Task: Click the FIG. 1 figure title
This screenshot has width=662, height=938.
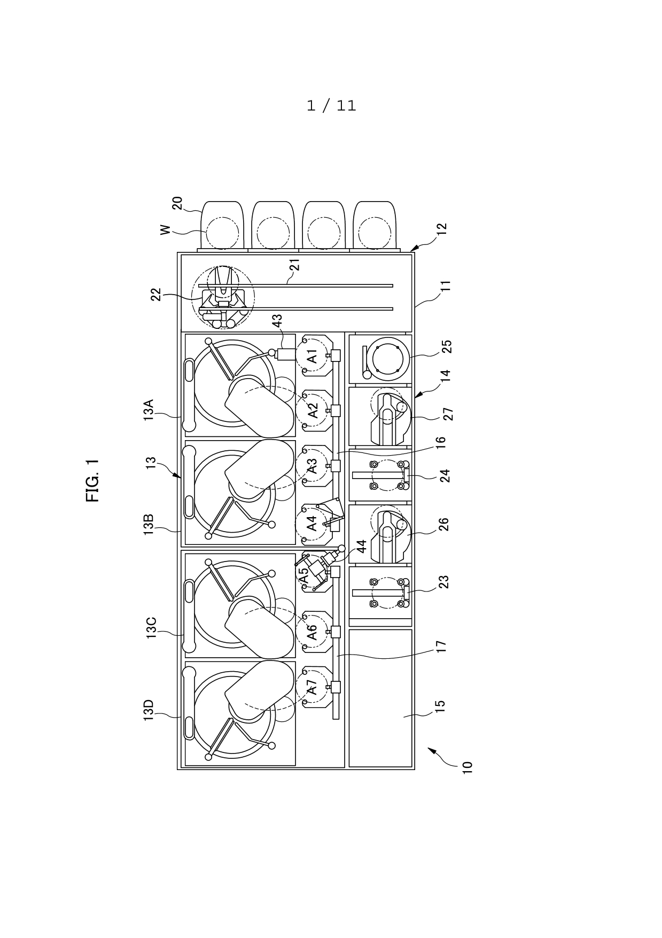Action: [92, 481]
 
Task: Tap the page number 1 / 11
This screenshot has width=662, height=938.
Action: [331, 105]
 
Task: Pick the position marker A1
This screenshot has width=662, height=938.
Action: [312, 356]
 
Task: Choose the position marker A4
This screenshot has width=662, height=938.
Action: [312, 523]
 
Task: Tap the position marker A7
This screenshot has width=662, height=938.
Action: [312, 687]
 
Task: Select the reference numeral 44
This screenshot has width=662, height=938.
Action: [361, 547]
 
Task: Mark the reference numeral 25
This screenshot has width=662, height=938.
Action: [447, 347]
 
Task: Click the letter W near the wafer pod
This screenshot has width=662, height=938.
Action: [166, 229]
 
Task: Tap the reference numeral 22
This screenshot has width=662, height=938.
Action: [156, 295]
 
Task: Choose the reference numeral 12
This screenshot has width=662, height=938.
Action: [441, 229]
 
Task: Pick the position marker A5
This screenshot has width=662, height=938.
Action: [303, 576]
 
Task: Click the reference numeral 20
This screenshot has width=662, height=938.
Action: [177, 203]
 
